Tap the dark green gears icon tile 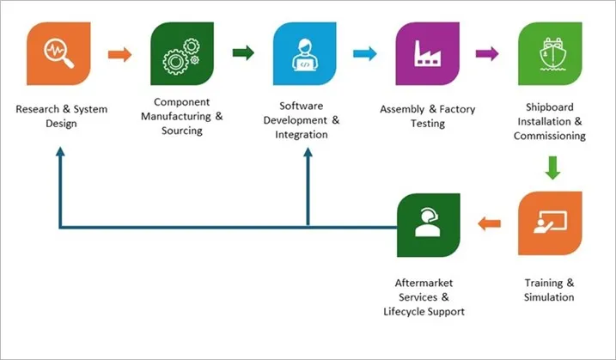click(x=182, y=54)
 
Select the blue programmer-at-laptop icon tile click(x=305, y=54)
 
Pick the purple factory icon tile click(x=427, y=54)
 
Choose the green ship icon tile click(x=550, y=54)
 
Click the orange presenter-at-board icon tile click(x=550, y=224)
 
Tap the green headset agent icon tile click(x=427, y=224)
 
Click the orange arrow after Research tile click(x=120, y=55)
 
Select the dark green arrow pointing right click(x=243, y=54)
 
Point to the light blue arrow click(x=365, y=54)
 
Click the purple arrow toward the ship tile click(x=488, y=54)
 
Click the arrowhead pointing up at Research click(x=60, y=151)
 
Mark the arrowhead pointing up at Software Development click(x=307, y=151)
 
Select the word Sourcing click(x=180, y=131)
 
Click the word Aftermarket click(x=424, y=282)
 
